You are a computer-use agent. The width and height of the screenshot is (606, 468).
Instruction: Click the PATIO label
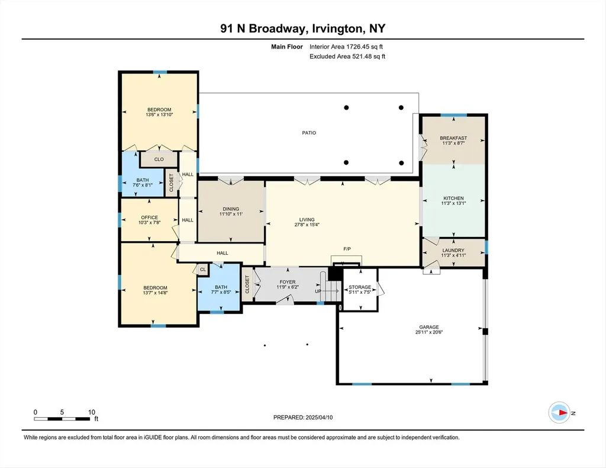[309, 133]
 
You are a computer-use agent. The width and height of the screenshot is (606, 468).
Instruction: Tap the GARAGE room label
[429, 327]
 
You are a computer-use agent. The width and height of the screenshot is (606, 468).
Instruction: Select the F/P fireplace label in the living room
[347, 249]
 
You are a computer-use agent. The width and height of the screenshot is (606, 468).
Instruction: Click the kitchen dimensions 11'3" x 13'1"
[454, 203]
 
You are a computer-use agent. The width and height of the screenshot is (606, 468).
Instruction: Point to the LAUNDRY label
[453, 250]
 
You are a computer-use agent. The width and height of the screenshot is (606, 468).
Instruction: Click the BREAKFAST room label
[453, 137]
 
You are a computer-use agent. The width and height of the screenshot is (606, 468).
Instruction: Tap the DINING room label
[231, 209]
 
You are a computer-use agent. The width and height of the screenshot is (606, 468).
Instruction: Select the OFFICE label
[150, 217]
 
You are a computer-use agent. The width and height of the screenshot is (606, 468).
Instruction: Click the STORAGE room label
[360, 287]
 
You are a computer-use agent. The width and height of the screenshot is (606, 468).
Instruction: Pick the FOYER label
[288, 282]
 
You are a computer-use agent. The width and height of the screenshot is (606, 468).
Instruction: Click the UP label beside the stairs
[318, 291]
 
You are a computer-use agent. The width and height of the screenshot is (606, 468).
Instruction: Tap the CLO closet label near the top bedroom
[159, 159]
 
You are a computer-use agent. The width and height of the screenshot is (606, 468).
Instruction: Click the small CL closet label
[203, 270]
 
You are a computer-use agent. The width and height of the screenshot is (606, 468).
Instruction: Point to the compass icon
[559, 413]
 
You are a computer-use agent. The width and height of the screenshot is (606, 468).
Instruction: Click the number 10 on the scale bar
[92, 412]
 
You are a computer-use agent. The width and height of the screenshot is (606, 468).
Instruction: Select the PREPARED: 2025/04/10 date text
[303, 417]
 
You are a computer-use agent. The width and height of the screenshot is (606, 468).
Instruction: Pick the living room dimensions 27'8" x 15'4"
[307, 225]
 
